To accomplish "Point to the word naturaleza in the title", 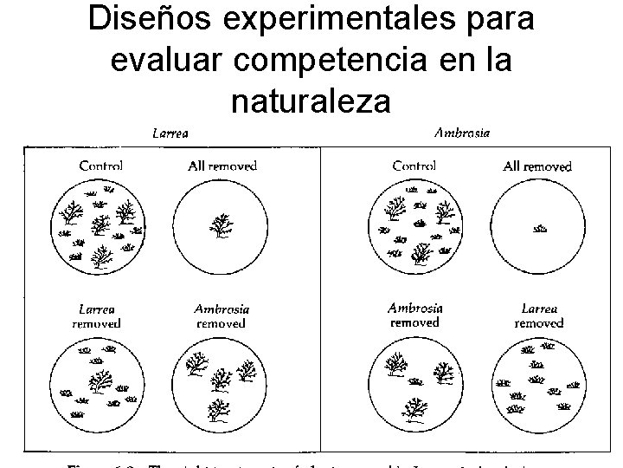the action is [x=311, y=102].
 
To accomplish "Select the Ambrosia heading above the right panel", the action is [x=462, y=133].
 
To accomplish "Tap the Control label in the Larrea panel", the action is [x=100, y=165].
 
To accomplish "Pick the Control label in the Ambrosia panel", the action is [x=414, y=165].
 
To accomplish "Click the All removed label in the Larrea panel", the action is [x=222, y=165].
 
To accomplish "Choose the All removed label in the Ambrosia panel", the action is [x=536, y=166].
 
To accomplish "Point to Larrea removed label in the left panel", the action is [x=96, y=315].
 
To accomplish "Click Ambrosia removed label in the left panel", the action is [x=222, y=315].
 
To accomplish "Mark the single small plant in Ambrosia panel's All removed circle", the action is [x=540, y=229].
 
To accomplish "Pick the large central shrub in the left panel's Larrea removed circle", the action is [x=100, y=380].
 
